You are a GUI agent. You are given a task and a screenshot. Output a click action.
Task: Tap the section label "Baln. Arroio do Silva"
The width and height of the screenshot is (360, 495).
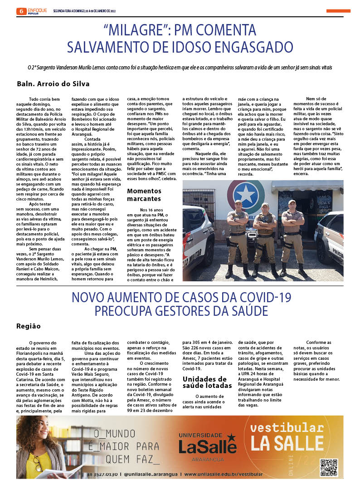coord(53,84)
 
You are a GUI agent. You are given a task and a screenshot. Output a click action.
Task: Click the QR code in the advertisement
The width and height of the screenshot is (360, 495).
coord(329,468)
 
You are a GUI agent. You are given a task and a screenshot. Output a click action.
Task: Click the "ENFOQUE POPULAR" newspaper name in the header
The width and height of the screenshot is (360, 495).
coord(37,11)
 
